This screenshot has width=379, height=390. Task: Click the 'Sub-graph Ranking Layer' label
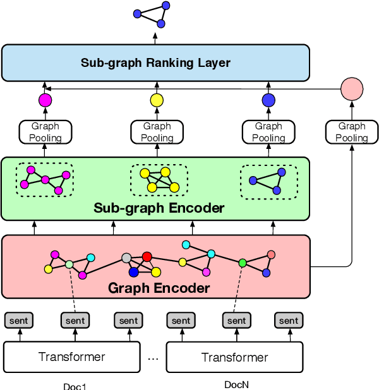pyautogui.click(x=155, y=63)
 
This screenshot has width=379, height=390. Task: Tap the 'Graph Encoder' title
pyautogui.click(x=159, y=288)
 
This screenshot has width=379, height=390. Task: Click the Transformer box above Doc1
pyautogui.click(x=72, y=357)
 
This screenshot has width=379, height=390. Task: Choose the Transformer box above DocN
pyautogui.click(x=234, y=357)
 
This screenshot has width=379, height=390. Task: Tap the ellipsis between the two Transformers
pyautogui.click(x=153, y=358)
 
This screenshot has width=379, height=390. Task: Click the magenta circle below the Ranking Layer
pyautogui.click(x=45, y=100)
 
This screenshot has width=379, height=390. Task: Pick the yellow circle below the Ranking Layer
pyautogui.click(x=156, y=100)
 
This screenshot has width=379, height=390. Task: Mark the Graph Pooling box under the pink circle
pyautogui.click(x=351, y=132)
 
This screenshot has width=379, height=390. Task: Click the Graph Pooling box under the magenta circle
pyautogui.click(x=45, y=132)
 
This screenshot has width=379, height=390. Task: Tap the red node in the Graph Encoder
pyautogui.click(x=147, y=257)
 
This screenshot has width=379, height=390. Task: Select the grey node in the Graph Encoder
pyautogui.click(x=126, y=258)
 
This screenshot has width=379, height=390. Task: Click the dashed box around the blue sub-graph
pyautogui.click(x=268, y=181)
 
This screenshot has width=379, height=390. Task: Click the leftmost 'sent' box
pyautogui.click(x=20, y=321)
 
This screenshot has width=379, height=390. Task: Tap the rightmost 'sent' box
pyautogui.click(x=289, y=321)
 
